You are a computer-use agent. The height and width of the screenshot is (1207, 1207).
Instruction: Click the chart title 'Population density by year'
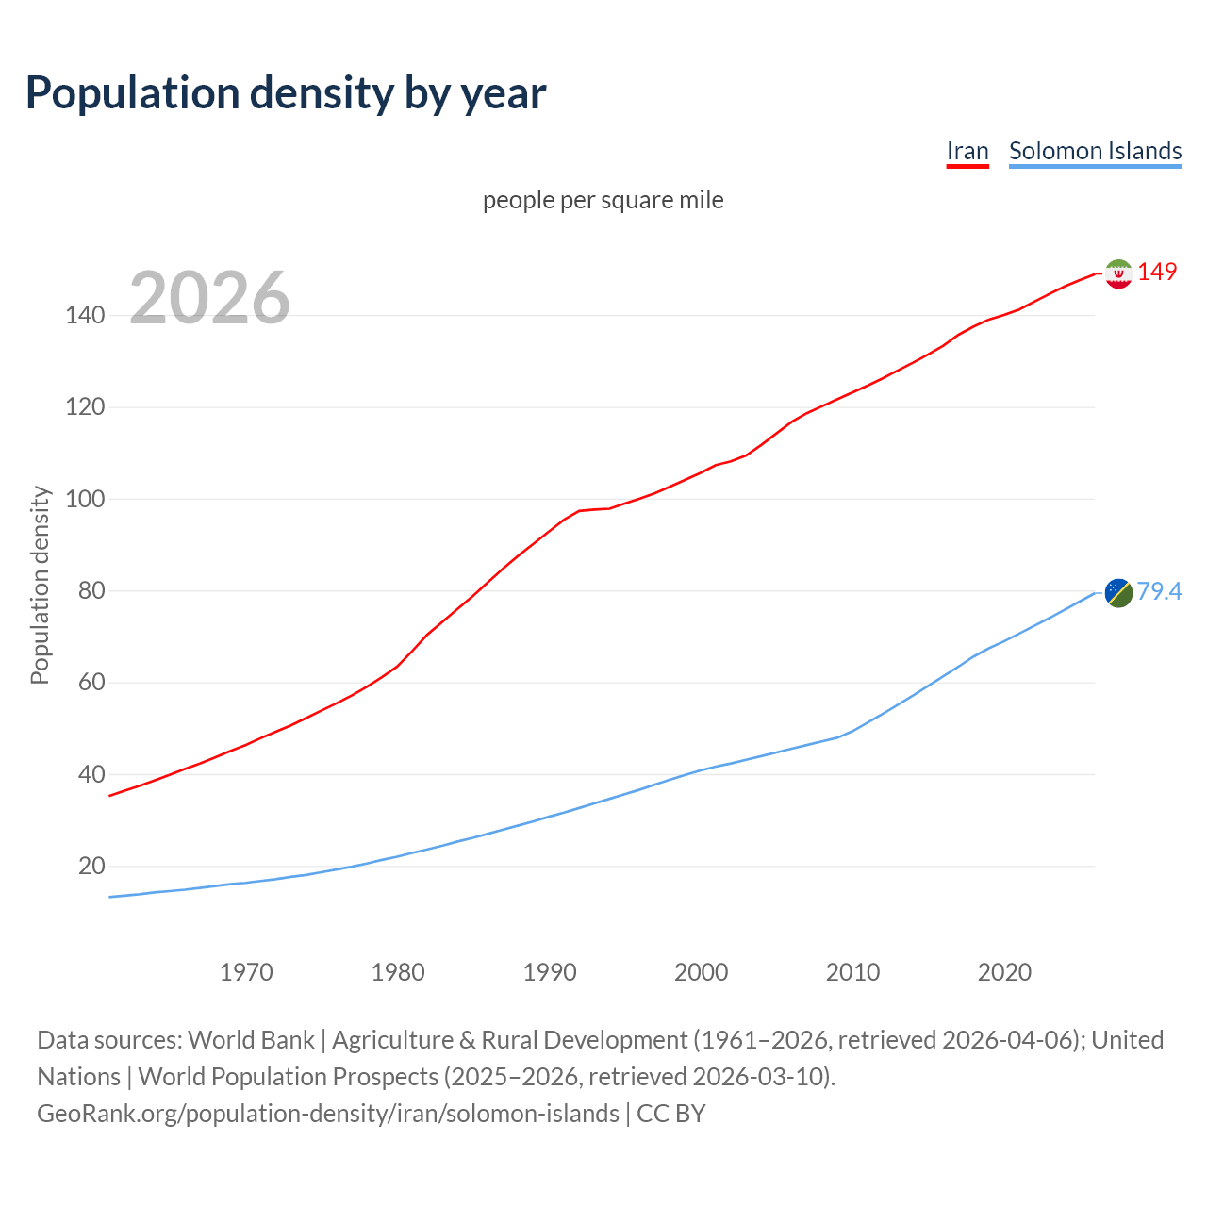pyautogui.click(x=286, y=93)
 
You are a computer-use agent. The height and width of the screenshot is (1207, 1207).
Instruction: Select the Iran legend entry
pyautogui.click(x=967, y=151)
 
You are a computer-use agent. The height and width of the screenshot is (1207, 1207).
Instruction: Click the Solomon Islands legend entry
pyautogui.click(x=1095, y=151)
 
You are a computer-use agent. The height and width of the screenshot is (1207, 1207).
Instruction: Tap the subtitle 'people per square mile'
pyautogui.click(x=603, y=200)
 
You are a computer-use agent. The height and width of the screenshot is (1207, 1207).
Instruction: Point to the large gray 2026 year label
pyautogui.click(x=209, y=298)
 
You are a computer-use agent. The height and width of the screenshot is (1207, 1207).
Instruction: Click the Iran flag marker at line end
pyautogui.click(x=1117, y=273)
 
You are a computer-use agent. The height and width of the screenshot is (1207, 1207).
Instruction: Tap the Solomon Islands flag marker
pyautogui.click(x=1117, y=592)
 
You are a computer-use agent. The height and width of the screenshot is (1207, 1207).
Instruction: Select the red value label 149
pyautogui.click(x=1157, y=272)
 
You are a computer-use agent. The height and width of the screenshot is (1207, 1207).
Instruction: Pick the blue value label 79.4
pyautogui.click(x=1159, y=591)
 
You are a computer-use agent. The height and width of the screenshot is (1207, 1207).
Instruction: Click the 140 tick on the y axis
pyautogui.click(x=85, y=316)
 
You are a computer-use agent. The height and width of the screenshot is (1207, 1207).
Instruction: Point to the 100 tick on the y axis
pyautogui.click(x=85, y=499)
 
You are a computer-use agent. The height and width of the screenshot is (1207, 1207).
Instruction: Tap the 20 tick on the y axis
pyautogui.click(x=91, y=866)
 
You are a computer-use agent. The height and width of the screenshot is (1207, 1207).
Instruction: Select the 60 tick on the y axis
pyautogui.click(x=91, y=682)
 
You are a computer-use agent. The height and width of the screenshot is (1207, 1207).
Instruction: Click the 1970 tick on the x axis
pyautogui.click(x=246, y=972)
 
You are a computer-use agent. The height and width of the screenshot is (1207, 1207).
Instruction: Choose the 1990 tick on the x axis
pyautogui.click(x=550, y=972)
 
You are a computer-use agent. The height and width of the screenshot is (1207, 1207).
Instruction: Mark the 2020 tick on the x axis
pyautogui.click(x=1004, y=972)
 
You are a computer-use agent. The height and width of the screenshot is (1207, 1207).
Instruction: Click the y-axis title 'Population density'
pyautogui.click(x=40, y=585)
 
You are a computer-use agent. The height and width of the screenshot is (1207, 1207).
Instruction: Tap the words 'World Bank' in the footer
pyautogui.click(x=251, y=1040)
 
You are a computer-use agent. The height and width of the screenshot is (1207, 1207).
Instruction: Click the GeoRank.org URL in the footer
pyautogui.click(x=328, y=1114)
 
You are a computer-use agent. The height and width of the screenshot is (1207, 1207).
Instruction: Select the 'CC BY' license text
pyautogui.click(x=671, y=1114)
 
